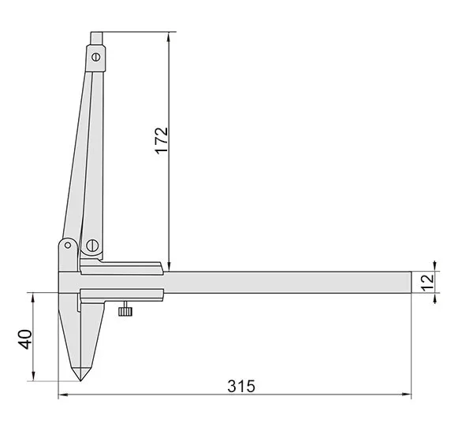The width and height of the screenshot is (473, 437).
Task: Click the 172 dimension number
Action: [162, 141]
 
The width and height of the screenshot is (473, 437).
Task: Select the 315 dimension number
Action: [241, 387]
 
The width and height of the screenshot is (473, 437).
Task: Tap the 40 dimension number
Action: [25, 339]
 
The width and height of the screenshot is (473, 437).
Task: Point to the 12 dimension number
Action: [427, 283]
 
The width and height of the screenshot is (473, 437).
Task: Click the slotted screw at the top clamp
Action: [96, 57]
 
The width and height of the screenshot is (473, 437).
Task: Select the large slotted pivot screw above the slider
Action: [92, 246]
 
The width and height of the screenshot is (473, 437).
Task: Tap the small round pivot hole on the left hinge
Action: [68, 245]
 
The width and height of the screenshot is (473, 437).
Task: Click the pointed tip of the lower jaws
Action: [80, 380]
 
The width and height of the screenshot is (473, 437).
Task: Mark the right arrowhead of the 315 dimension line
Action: [408, 394]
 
